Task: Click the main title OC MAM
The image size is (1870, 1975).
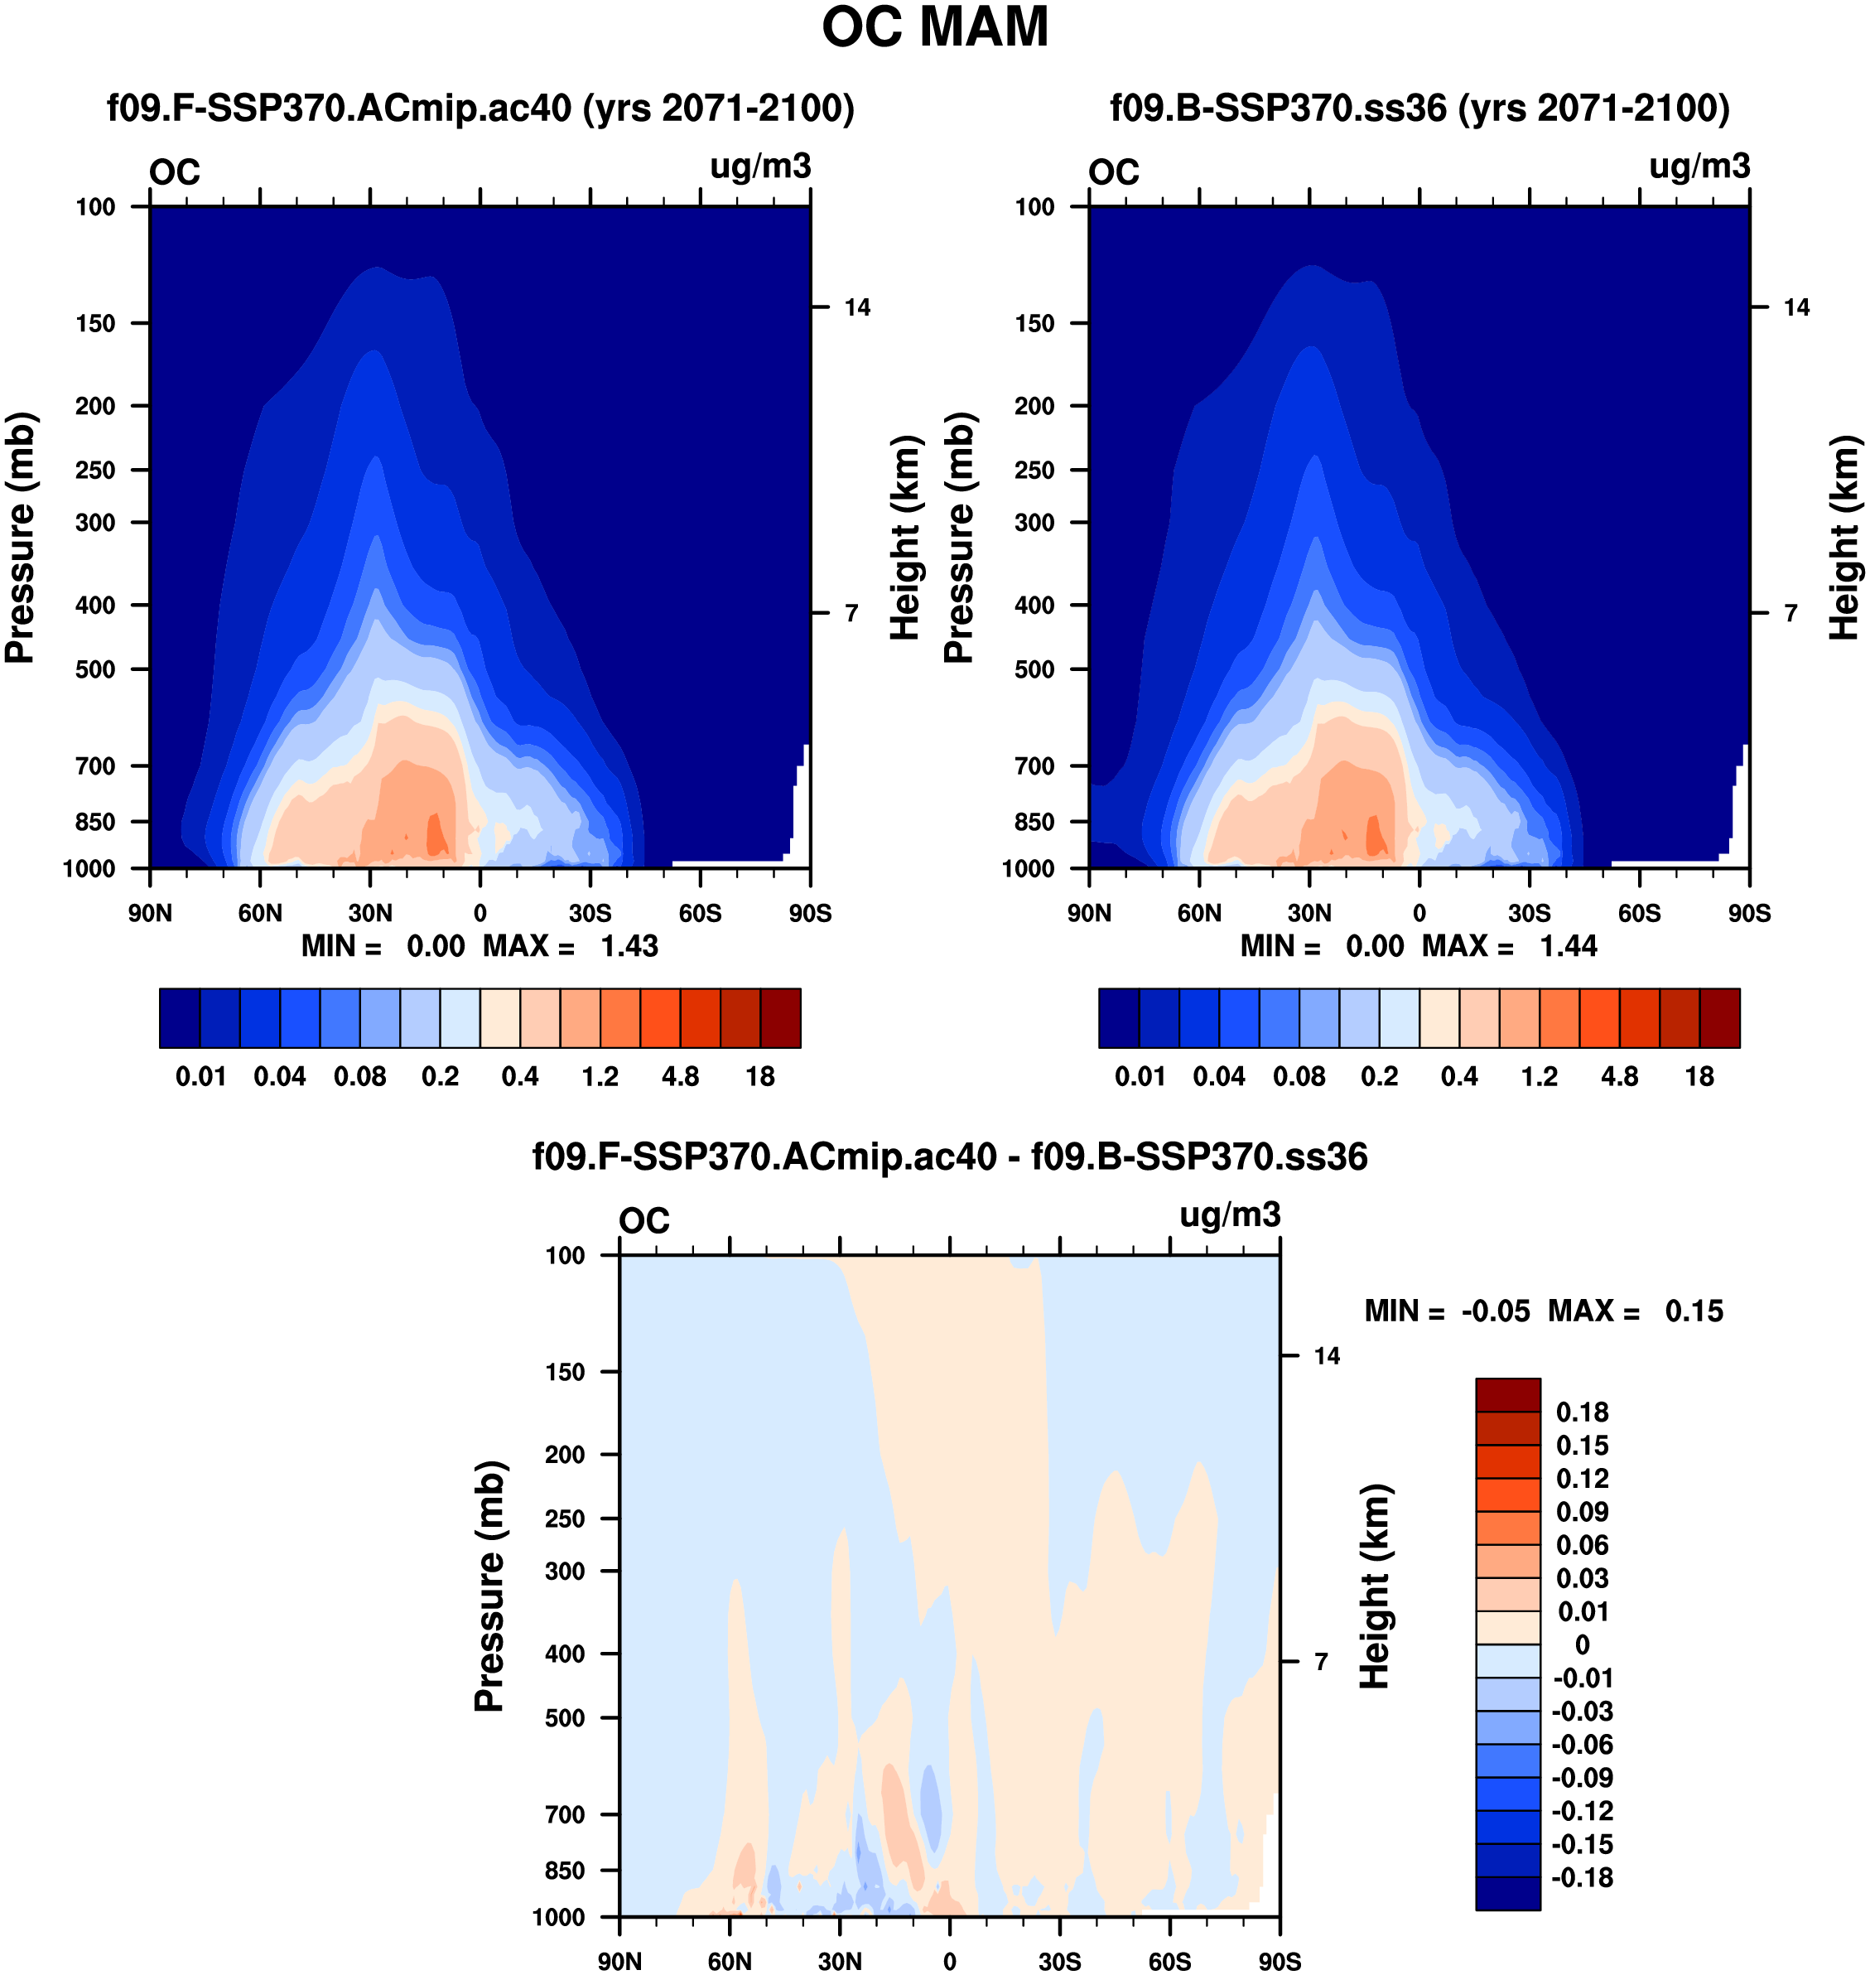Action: pyautogui.click(x=934, y=28)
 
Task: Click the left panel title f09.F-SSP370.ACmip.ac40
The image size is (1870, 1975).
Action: pyautogui.click(x=480, y=108)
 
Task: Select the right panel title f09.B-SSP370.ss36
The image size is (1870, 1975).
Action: pyautogui.click(x=1419, y=108)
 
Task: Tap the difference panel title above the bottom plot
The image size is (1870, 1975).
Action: pyautogui.click(x=949, y=1157)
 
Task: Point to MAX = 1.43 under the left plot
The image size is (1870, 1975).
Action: pyautogui.click(x=570, y=946)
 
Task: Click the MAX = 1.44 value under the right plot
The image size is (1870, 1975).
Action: pyautogui.click(x=1509, y=946)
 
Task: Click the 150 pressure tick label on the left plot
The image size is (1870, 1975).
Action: pyautogui.click(x=96, y=323)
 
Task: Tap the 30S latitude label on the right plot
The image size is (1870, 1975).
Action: pyautogui.click(x=1529, y=913)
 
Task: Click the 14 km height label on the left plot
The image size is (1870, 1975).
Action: pyautogui.click(x=857, y=307)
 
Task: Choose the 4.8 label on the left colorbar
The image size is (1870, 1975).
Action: pyautogui.click(x=680, y=1077)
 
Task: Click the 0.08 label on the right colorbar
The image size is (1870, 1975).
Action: pyautogui.click(x=1299, y=1077)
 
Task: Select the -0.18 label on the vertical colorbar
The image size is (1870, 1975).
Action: pyautogui.click(x=1582, y=1877)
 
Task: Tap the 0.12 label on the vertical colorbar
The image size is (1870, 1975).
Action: pyautogui.click(x=1582, y=1479)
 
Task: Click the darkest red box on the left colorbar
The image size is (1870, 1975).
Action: pyautogui.click(x=780, y=1018)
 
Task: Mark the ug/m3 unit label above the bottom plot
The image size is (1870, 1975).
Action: pyautogui.click(x=1229, y=1214)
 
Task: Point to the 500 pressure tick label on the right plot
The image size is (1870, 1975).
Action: pyautogui.click(x=1034, y=669)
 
